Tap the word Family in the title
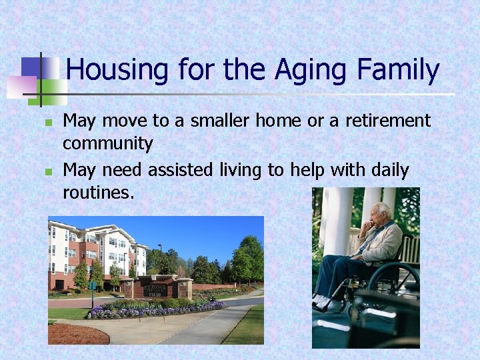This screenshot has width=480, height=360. pos(398,70)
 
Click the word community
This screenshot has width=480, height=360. pos(107,143)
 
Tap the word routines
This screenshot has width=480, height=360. pos(98,193)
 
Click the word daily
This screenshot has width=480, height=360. pos(385,170)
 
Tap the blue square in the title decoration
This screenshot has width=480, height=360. pos(31,66)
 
